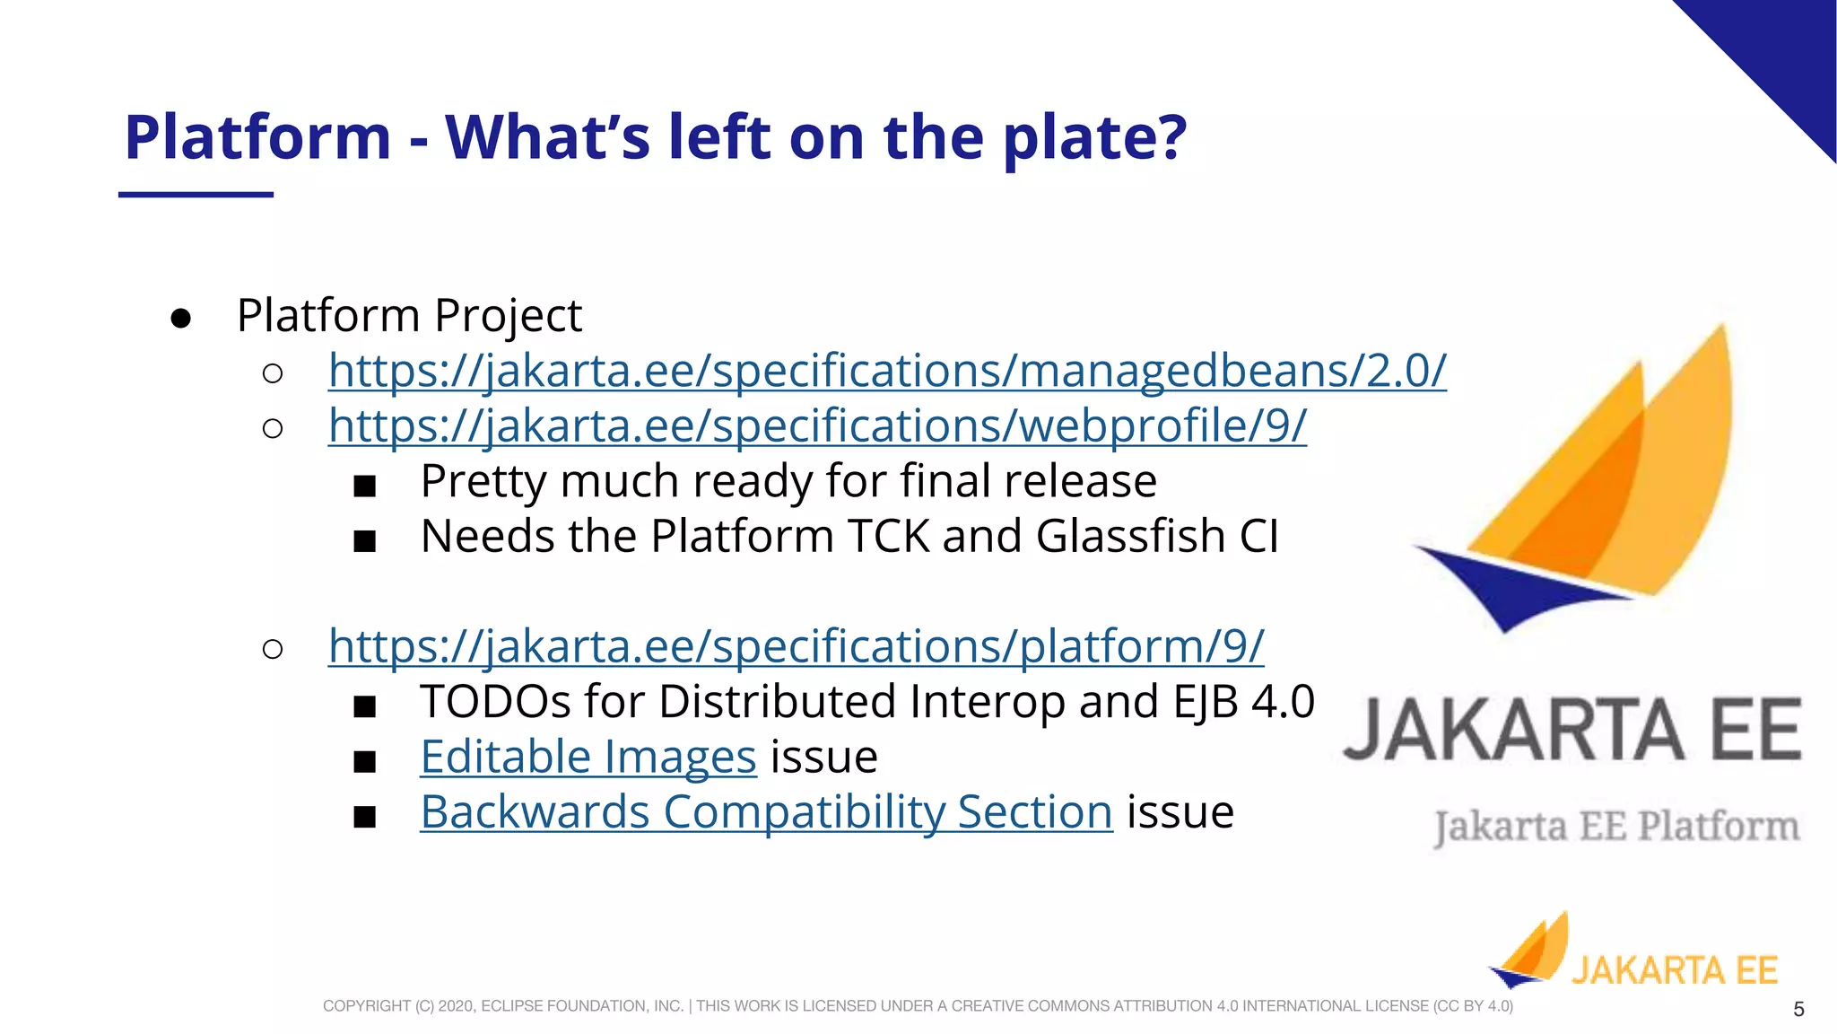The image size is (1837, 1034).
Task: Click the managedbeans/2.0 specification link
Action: [886, 371]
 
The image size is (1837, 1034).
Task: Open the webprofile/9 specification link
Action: [816, 425]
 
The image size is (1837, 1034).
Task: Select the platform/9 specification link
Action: [796, 646]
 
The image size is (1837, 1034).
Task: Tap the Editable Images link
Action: [588, 757]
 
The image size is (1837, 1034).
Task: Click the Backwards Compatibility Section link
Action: [766, 812]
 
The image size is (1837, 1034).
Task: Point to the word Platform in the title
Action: [257, 137]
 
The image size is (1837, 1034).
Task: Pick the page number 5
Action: [1798, 1010]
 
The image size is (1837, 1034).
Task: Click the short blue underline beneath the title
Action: [196, 194]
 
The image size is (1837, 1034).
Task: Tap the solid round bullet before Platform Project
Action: [180, 319]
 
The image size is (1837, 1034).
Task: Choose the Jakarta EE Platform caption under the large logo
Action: [1616, 827]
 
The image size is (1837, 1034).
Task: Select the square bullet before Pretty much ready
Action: [364, 486]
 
